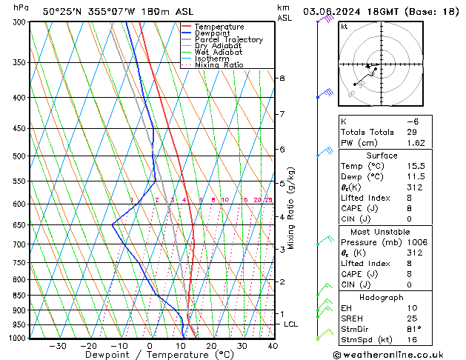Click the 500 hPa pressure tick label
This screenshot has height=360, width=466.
point(20,156)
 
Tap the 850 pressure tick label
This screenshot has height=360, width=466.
point(20,296)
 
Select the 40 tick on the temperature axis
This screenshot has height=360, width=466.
point(273,346)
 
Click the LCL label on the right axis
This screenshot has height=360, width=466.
point(291,324)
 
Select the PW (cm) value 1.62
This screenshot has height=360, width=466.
point(415,143)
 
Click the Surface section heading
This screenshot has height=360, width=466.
point(382,156)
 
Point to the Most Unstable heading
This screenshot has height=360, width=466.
point(382,231)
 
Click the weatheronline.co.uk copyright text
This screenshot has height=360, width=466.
point(402,354)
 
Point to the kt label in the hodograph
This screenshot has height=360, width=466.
point(344,26)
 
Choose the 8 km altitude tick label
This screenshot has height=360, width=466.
point(282,78)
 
